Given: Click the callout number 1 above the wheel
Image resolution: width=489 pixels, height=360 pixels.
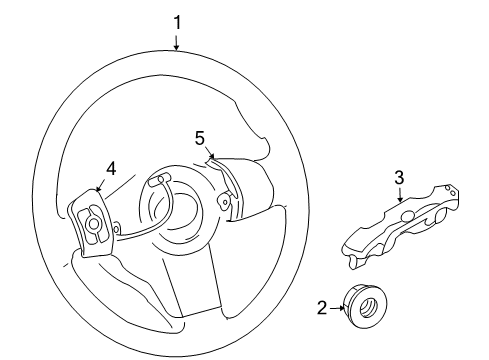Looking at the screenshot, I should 177,20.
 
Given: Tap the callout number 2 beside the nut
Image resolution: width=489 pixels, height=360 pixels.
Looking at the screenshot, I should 323,309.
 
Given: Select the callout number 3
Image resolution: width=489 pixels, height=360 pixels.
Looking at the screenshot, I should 398,178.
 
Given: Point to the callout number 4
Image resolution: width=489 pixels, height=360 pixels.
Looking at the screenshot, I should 111,168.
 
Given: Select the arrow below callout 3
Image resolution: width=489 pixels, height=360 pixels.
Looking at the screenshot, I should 399,195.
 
